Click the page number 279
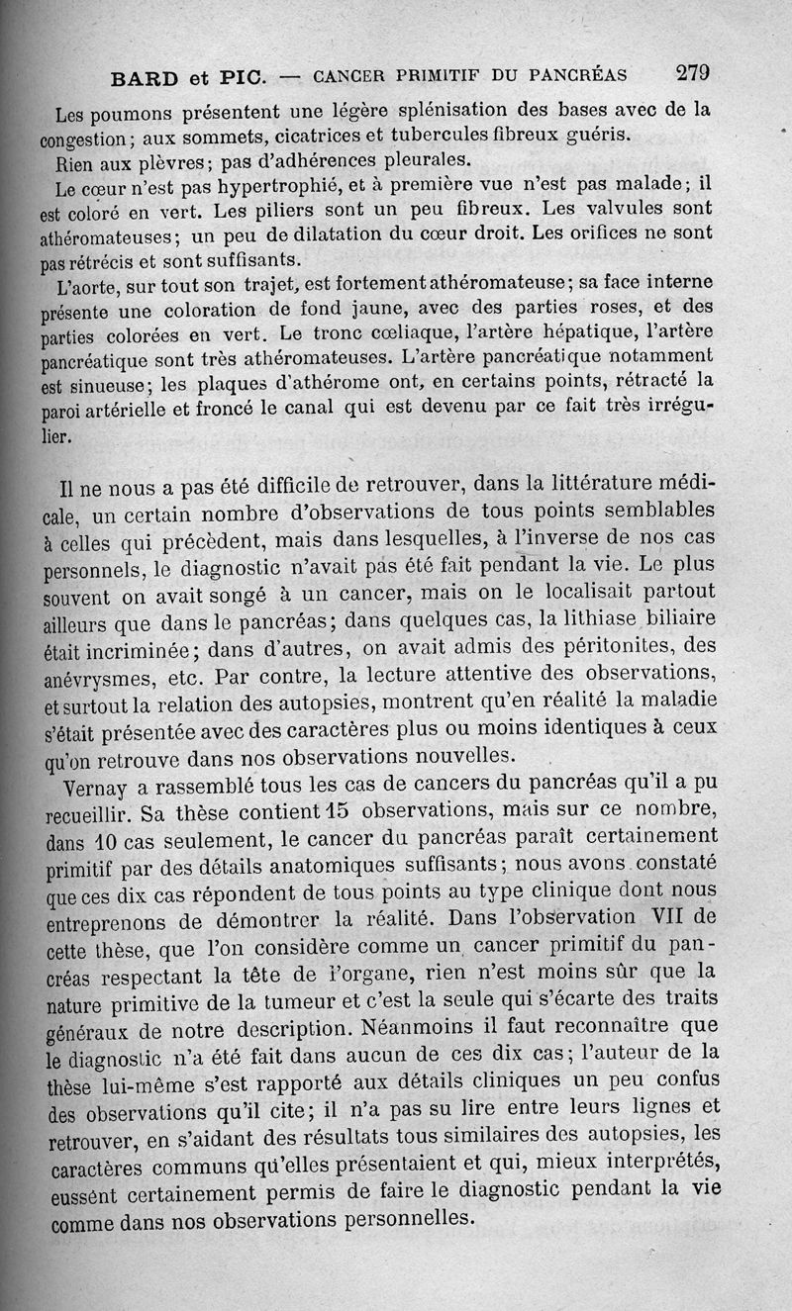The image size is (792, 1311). (x=693, y=72)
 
